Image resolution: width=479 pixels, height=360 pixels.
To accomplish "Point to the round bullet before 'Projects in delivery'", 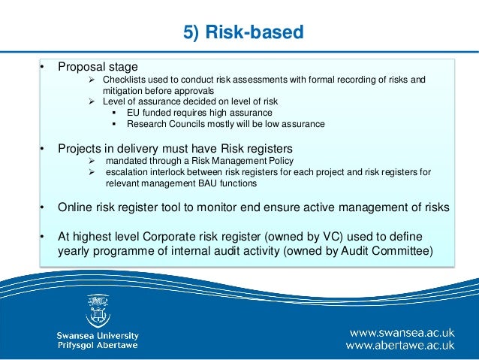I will (x=43, y=147).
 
